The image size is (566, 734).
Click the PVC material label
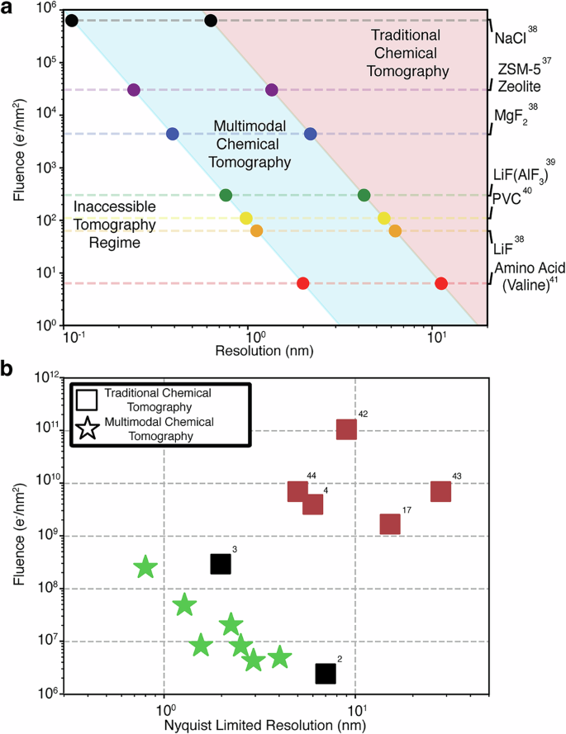[x=511, y=199]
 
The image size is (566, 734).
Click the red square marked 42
[x=346, y=429]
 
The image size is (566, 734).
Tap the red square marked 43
[x=441, y=491]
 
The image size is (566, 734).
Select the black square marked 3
[x=220, y=564]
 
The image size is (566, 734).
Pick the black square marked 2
[x=326, y=673]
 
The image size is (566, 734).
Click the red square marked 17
[x=390, y=524]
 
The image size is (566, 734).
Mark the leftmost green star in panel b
[x=145, y=567]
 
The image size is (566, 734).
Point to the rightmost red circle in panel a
[x=441, y=284]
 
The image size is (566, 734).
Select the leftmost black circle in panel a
[x=72, y=20]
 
